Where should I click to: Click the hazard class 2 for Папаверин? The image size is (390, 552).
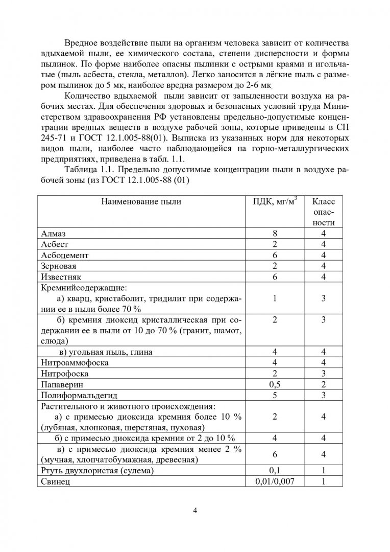[324, 384]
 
